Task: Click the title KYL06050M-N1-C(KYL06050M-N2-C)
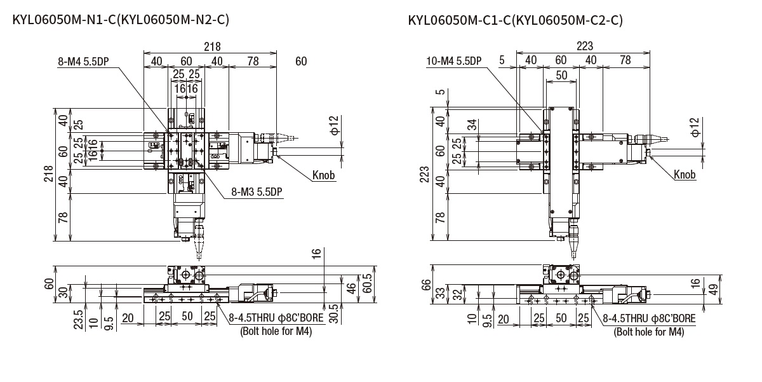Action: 120,20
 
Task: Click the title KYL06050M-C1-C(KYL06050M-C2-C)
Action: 515,20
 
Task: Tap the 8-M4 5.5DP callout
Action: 84,62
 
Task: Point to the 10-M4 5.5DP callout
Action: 454,61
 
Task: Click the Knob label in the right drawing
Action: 685,175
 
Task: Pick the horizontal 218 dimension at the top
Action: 211,46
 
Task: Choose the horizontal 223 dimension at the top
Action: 584,46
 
